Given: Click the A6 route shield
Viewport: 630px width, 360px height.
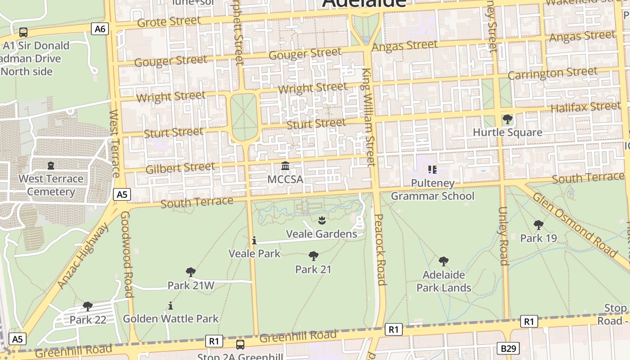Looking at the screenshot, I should pos(100,29).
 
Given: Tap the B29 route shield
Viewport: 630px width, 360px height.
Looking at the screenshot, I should pos(508,348).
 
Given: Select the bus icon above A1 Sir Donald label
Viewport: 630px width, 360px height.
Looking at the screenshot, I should pos(23,32).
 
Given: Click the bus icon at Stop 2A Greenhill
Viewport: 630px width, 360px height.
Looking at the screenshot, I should pos(240,345).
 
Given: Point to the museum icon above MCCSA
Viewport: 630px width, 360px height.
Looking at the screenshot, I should pos(285,166).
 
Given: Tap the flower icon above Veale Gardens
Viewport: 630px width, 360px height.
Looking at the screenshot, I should pos(322,220).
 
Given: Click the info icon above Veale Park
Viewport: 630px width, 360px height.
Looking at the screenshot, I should pos(254,241).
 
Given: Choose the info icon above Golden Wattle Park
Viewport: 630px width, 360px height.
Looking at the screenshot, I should pos(170,306).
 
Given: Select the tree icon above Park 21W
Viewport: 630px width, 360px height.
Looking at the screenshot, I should pos(190,272).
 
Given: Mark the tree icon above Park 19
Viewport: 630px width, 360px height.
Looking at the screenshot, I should pos(538,225).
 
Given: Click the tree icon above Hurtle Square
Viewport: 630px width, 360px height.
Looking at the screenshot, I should pos(508,119).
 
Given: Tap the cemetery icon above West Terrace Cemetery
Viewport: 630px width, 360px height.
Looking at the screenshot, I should pos(50,166).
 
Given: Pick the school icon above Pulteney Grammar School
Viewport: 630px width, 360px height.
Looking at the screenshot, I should pos(432,170).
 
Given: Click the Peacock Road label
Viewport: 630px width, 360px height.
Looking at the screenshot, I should pos(380,250).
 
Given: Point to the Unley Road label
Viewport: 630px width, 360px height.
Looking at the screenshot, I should pos(503,236).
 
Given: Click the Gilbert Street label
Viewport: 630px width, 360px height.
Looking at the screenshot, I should pos(180,168).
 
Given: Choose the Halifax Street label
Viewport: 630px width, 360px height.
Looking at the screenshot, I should pos(585,107).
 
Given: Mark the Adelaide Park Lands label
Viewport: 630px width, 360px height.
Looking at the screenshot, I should pos(444,281).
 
